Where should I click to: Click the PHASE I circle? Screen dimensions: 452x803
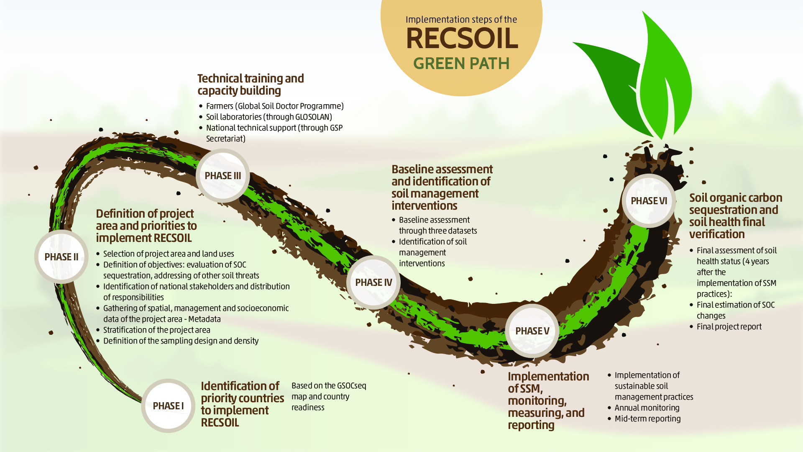coord(168,406)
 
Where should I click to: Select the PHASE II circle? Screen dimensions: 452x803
coord(61,257)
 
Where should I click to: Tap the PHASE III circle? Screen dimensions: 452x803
coord(222,176)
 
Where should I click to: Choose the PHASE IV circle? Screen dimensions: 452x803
coord(373,282)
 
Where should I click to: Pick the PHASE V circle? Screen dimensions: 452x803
coord(532,331)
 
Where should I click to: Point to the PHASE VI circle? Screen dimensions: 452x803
coord(649,201)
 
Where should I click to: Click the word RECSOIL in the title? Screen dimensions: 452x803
coord(462,39)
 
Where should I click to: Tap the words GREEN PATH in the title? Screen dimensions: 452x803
coord(461,64)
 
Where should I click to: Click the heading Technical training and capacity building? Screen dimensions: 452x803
coord(250,84)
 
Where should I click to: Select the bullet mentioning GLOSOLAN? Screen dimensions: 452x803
coord(269,117)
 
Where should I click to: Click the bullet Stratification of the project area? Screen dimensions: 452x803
coord(156,330)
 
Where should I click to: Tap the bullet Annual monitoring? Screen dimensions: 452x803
coord(647,408)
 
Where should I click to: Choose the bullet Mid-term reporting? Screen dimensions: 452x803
coord(647,419)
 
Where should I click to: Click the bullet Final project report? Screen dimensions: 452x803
coord(729,326)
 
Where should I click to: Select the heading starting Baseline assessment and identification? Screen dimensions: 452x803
coord(442,187)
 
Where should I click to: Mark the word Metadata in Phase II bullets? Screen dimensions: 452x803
coord(204,319)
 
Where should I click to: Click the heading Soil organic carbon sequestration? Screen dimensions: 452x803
coord(735,216)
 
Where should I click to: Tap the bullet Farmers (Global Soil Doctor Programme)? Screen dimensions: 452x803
coord(274,106)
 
